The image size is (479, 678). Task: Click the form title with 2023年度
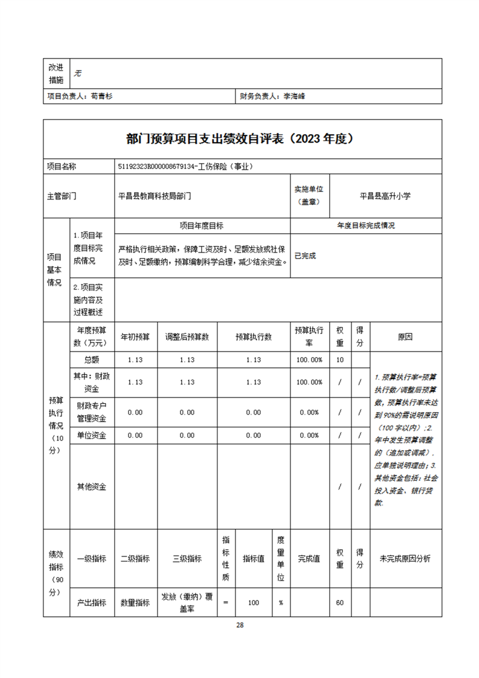coord(239,138)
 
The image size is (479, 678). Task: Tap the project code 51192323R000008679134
coord(158,166)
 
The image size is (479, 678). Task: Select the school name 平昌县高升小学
coord(385,196)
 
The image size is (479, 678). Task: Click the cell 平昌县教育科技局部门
coord(155,196)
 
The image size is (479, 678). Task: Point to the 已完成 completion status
coord(305,256)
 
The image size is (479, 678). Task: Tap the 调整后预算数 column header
coord(187,337)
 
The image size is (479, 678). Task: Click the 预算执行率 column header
coord(309,337)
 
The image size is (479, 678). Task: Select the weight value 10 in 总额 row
coord(340,360)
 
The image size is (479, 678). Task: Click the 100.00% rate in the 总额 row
coord(309,360)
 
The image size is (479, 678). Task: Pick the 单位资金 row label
coord(92,434)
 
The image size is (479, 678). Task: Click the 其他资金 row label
coord(92,486)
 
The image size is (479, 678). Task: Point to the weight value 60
coord(340,602)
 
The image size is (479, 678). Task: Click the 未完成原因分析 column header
coord(405,559)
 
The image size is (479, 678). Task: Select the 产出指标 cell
coord(92,602)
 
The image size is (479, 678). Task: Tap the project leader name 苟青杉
coord(101,95)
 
